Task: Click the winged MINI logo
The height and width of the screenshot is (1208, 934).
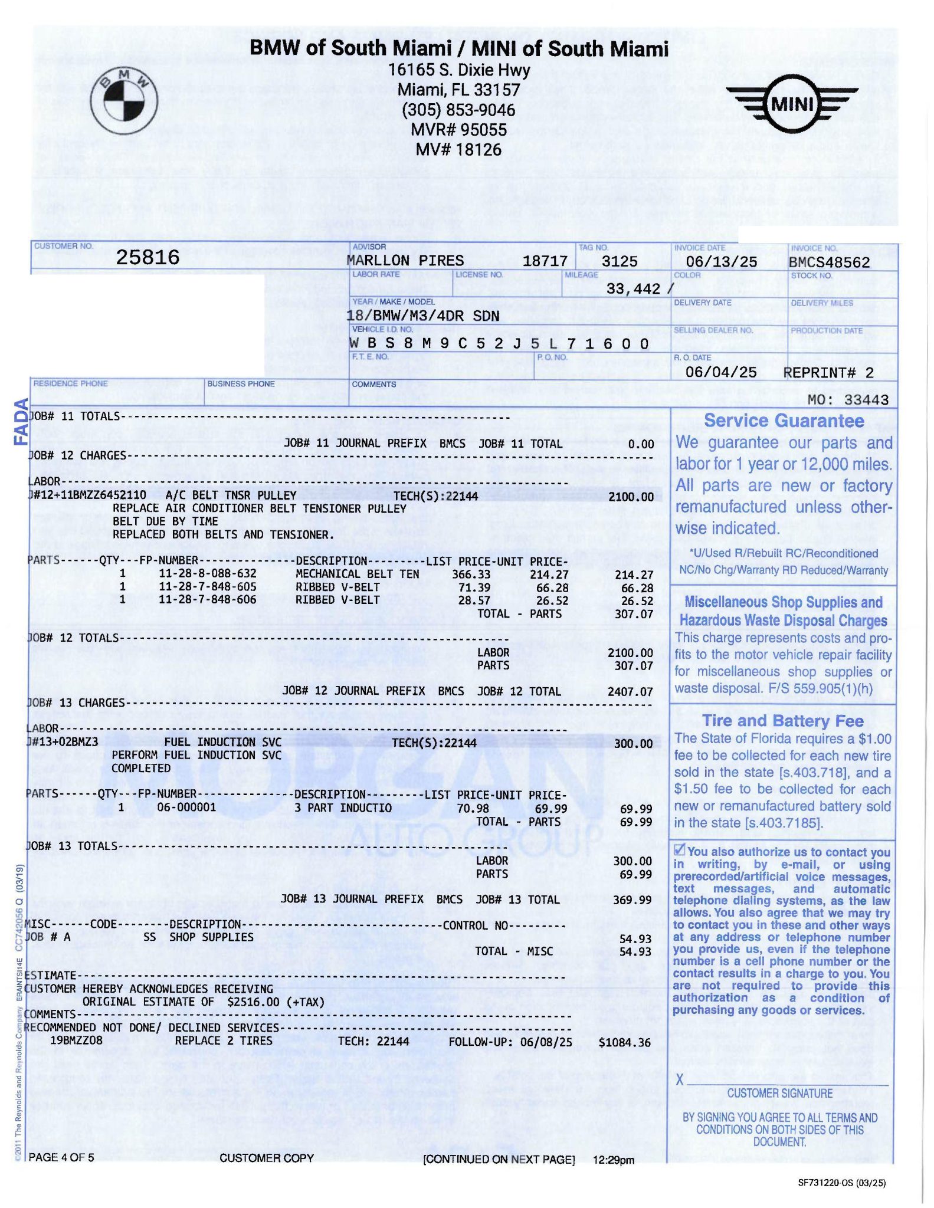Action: (792, 105)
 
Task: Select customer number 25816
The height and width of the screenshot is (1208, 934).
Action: (148, 257)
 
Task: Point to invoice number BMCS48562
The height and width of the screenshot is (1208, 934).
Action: (829, 262)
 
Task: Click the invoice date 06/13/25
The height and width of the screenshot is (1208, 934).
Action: (721, 262)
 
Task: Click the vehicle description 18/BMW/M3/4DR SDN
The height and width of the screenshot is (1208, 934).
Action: (422, 316)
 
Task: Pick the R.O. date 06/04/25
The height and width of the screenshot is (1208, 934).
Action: (720, 372)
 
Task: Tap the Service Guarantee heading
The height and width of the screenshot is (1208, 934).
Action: (784, 421)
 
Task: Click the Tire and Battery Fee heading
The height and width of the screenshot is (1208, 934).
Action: (782, 721)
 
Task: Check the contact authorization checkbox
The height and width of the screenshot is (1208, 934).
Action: (680, 850)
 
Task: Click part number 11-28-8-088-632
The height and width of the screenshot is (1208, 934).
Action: (208, 573)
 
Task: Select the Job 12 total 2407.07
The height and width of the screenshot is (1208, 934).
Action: (630, 691)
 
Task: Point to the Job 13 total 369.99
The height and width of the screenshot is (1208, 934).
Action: (633, 900)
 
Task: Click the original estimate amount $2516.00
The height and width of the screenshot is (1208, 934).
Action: (253, 1002)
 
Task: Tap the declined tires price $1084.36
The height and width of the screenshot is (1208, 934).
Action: (624, 1042)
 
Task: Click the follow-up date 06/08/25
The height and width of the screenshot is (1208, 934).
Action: (546, 1042)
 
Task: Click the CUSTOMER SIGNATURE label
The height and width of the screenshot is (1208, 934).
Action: (779, 1093)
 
